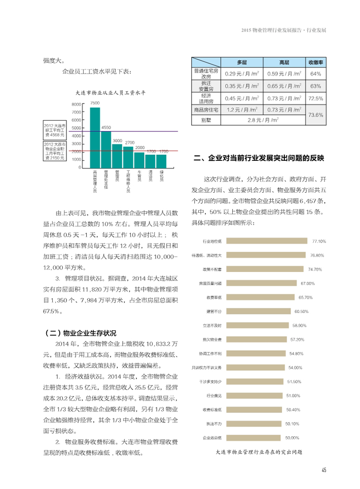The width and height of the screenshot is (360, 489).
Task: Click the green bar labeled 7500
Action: click(x=95, y=137)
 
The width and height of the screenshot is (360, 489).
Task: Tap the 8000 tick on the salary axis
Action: click(x=77, y=104)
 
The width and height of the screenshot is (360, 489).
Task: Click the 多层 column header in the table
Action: click(x=242, y=62)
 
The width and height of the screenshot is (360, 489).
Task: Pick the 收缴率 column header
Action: click(x=316, y=62)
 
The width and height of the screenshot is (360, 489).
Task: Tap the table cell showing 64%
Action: click(x=316, y=74)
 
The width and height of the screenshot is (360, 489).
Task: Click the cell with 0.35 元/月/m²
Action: click(x=242, y=86)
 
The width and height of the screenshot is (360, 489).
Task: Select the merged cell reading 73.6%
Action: click(x=316, y=115)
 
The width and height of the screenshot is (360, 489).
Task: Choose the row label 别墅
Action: click(x=205, y=120)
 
